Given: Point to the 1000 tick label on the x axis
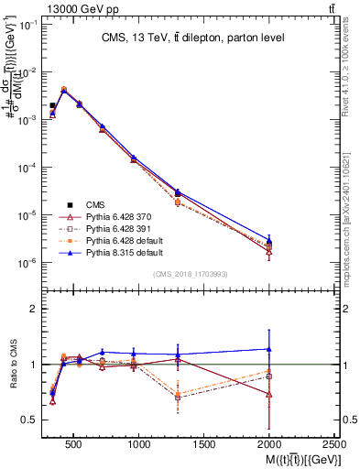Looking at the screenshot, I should [139, 444].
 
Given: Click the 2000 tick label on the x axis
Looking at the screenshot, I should [269, 444].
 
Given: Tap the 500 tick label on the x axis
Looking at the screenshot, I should [74, 444].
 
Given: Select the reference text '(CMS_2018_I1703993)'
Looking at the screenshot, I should [191, 275].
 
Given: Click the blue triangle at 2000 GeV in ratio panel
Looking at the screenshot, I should [269, 349].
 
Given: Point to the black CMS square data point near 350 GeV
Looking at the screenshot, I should [53, 105].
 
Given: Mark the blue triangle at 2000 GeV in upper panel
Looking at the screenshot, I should [269, 240].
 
